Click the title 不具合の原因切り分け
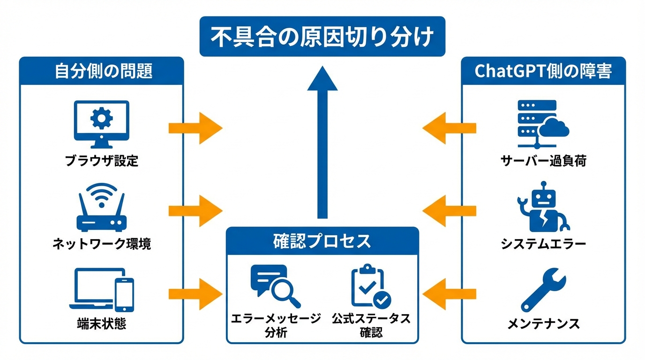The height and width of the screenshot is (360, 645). [322, 37]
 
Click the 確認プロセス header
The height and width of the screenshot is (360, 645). [322, 241]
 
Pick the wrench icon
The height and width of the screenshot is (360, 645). [543, 289]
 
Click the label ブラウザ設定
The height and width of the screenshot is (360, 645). [102, 161]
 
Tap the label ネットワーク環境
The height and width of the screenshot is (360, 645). [102, 244]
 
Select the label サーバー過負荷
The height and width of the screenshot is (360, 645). [543, 161]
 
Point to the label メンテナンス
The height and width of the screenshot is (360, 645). [543, 323]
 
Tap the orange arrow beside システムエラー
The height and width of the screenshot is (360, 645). [449, 210]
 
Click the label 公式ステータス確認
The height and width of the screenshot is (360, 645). [371, 325]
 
